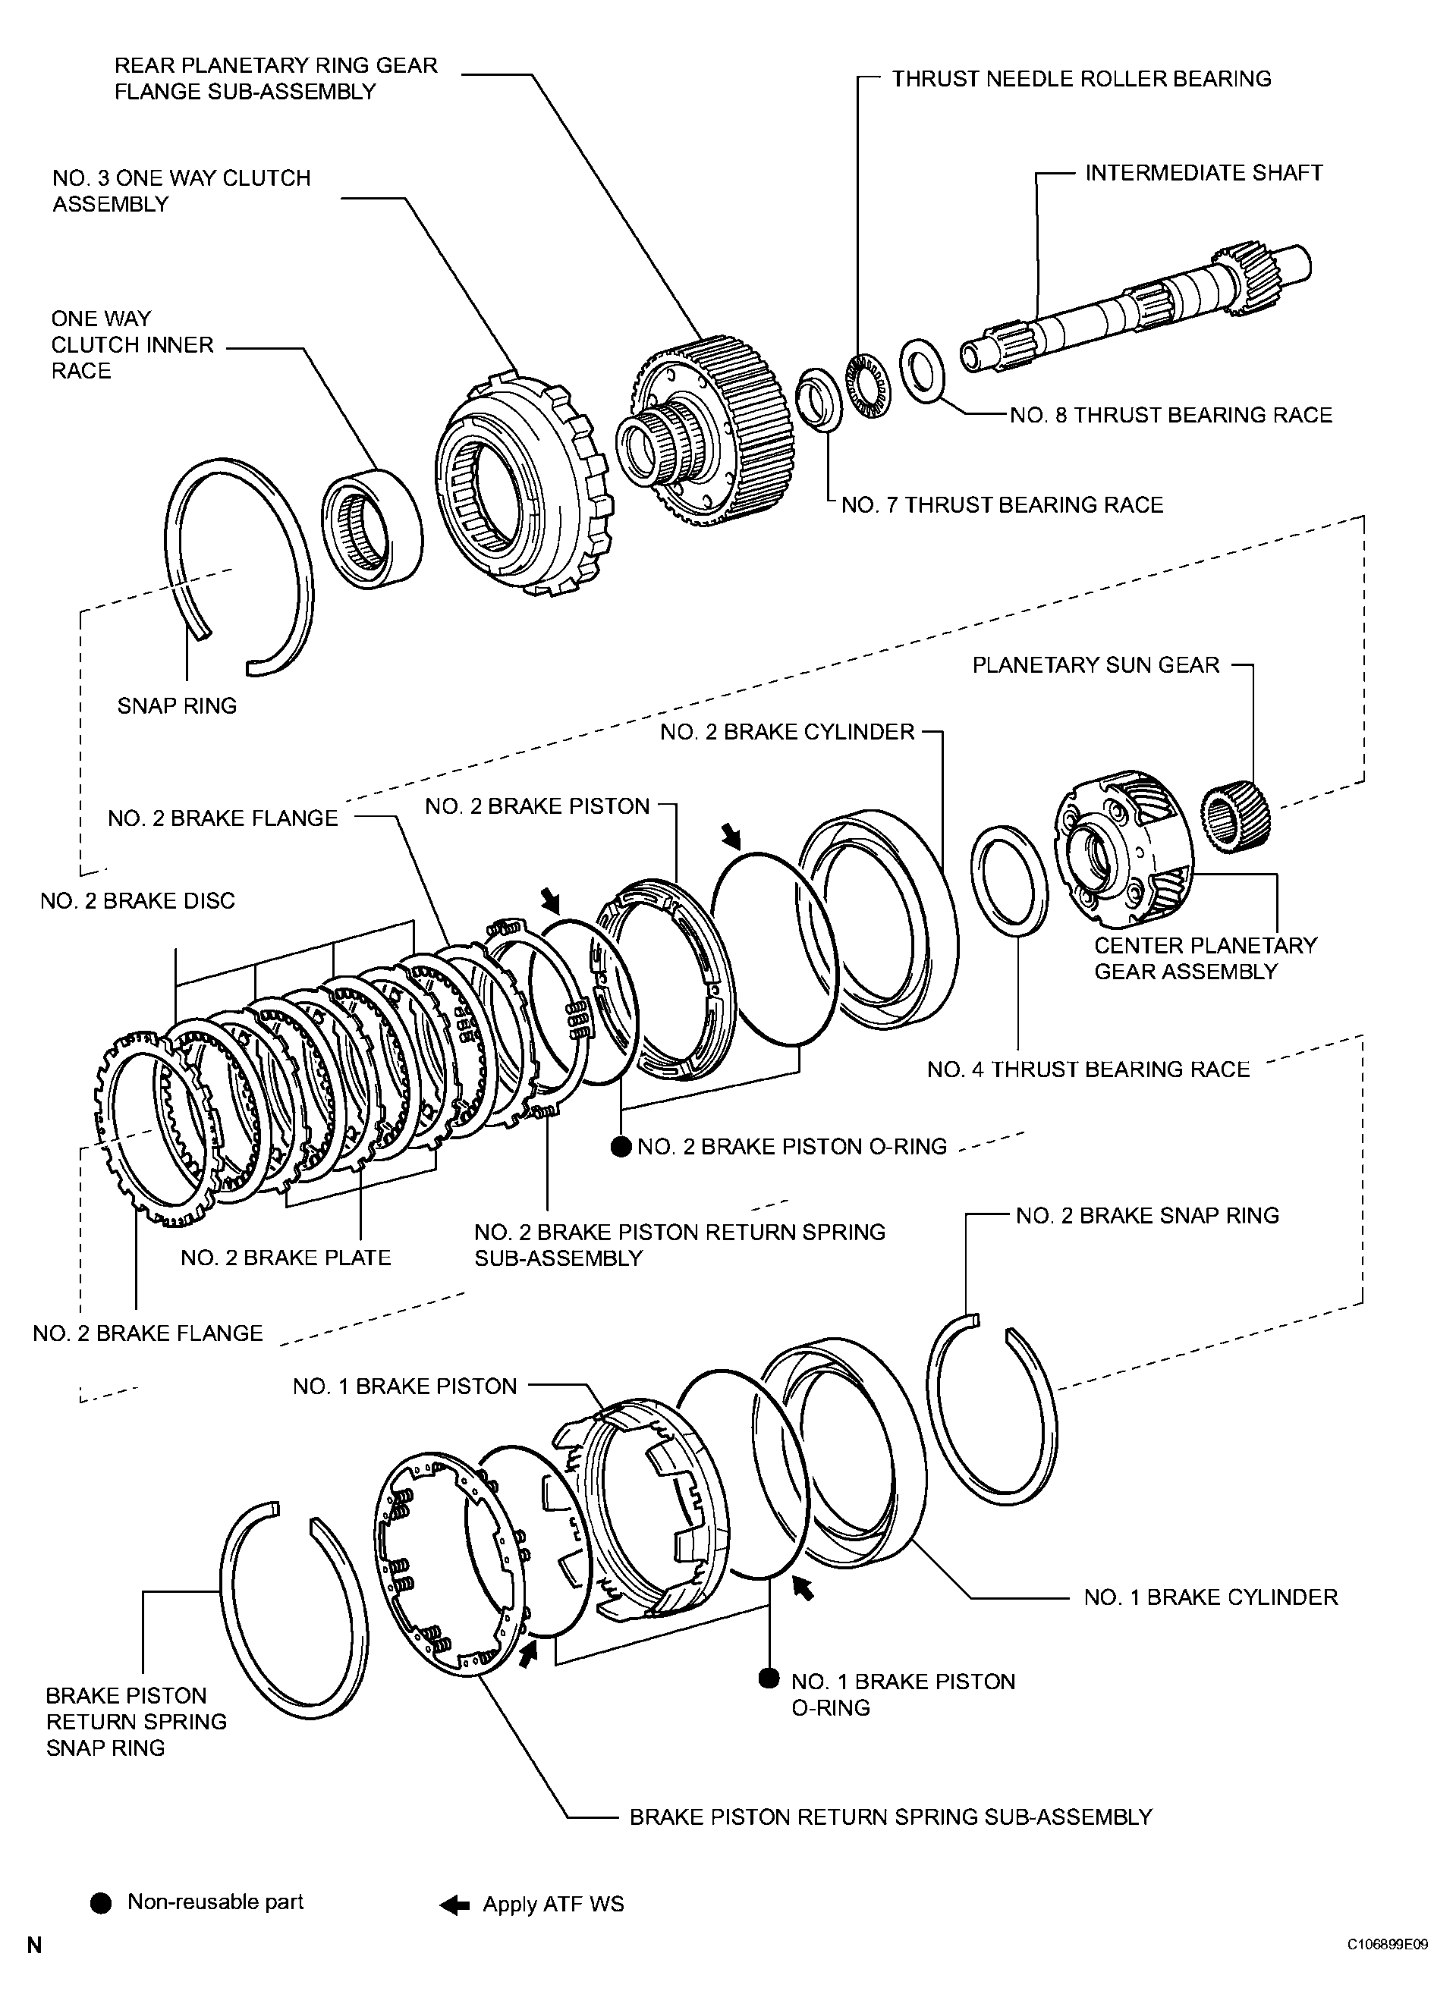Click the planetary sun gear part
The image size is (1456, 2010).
coord(1236,817)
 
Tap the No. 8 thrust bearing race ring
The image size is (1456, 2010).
coord(921,369)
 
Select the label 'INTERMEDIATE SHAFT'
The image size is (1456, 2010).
coord(1203,173)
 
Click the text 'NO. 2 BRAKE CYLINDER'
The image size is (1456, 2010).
coord(787,732)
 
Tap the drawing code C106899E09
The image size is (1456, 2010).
coord(1388,1963)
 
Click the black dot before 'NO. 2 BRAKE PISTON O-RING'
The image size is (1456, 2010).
coord(621,1147)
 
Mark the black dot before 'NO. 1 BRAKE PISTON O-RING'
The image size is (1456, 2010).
coord(769,1679)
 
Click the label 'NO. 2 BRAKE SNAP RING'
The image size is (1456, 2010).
coord(1147,1215)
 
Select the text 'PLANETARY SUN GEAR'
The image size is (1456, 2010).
coord(1096,664)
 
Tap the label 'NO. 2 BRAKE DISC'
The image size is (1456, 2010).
coord(137,901)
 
